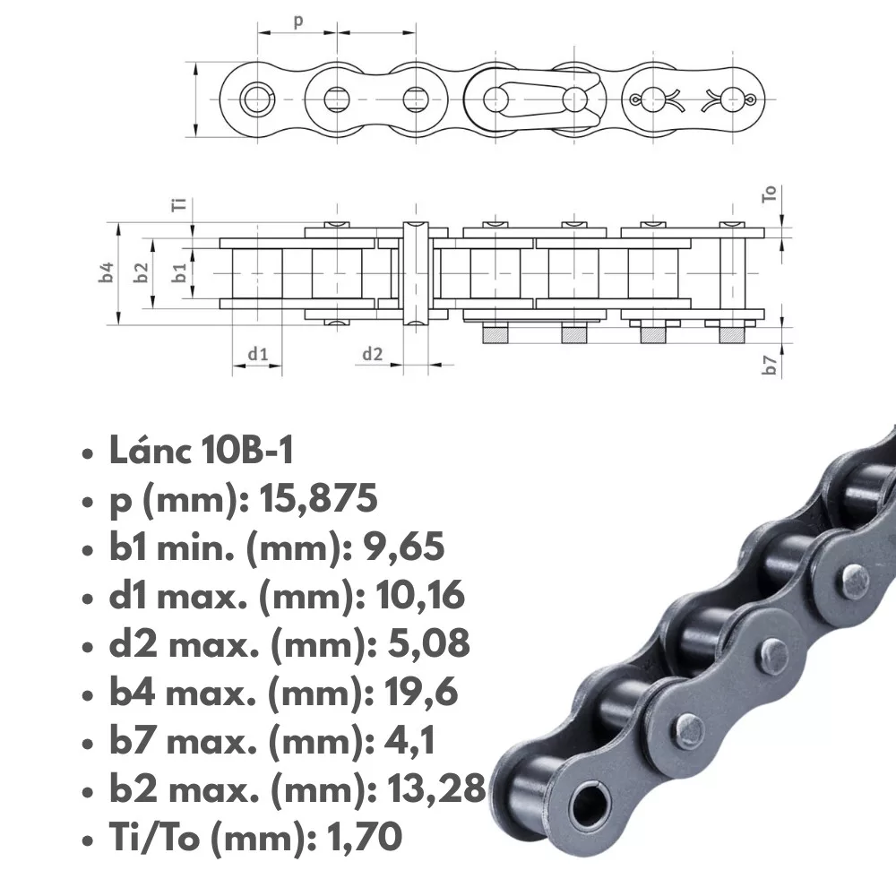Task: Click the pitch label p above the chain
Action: (x=297, y=22)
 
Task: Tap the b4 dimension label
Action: (x=107, y=272)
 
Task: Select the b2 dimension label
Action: (x=142, y=272)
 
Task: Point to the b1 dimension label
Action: (x=179, y=272)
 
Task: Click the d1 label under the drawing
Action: (x=258, y=354)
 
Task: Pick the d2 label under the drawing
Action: (x=372, y=354)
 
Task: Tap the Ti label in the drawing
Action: (x=179, y=204)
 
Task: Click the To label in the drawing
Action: (x=769, y=194)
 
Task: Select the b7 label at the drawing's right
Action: (x=770, y=365)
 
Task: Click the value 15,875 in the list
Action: (x=318, y=498)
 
